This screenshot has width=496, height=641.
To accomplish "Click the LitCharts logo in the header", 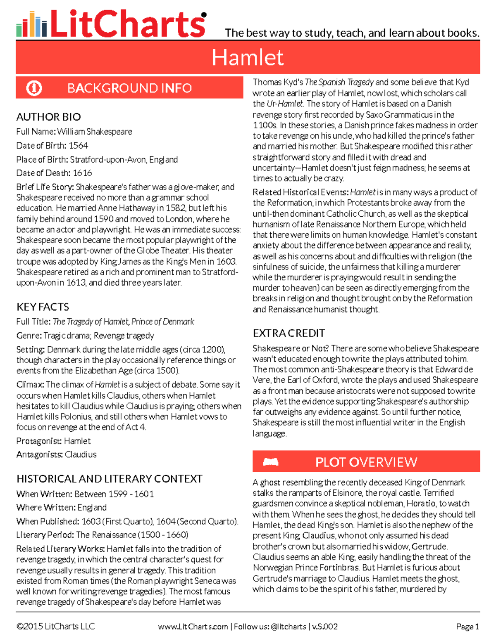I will tap(111, 24).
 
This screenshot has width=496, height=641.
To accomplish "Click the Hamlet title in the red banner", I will tap(248, 57).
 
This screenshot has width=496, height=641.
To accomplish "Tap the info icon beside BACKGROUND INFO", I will tap(34, 88).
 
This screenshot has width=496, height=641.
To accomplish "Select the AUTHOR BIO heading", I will tap(48, 117).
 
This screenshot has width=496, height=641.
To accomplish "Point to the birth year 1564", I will tap(78, 146).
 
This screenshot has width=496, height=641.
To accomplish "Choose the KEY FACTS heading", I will tap(43, 307).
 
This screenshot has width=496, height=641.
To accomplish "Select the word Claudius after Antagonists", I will tap(81, 454).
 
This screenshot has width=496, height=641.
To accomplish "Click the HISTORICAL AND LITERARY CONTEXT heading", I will tap(109, 479).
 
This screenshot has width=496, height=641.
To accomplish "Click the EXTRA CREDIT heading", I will tap(289, 333).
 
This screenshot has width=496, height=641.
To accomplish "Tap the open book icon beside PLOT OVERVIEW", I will tap(271, 461).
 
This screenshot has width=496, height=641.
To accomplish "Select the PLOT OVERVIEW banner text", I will tap(366, 462).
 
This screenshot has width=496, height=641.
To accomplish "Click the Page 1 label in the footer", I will tap(467, 627).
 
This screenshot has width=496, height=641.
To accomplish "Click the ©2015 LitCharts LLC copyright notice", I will tap(55, 627).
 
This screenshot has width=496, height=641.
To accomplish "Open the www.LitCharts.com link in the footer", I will tap(193, 627).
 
